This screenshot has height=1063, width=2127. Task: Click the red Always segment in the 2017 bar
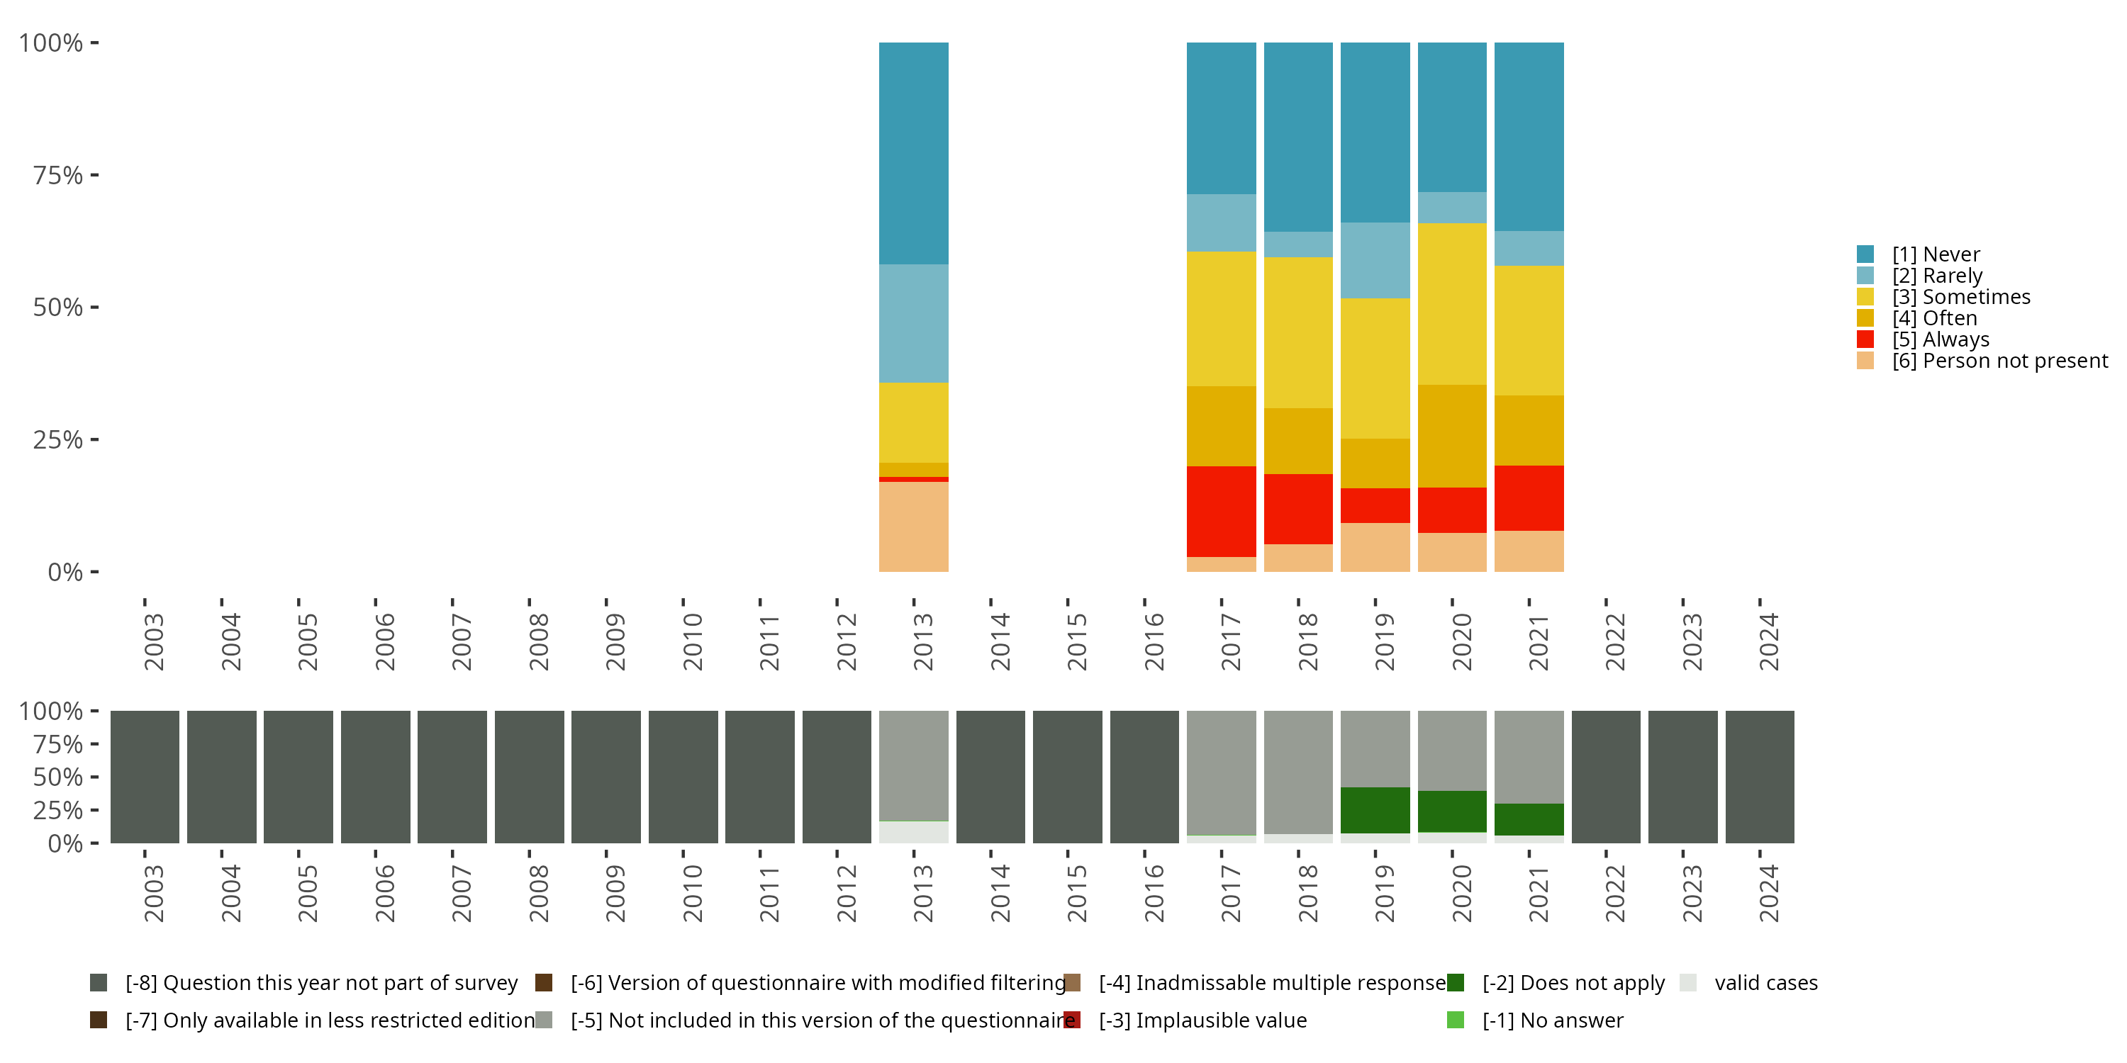pyautogui.click(x=1221, y=511)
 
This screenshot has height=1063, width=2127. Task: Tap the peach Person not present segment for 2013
pyautogui.click(x=913, y=527)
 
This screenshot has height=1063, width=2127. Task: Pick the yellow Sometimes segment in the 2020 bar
pyautogui.click(x=1451, y=304)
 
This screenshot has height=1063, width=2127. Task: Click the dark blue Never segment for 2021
pyautogui.click(x=1529, y=136)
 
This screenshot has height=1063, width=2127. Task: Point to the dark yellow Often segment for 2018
pyautogui.click(x=1298, y=441)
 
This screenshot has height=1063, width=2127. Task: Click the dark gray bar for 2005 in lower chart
pyautogui.click(x=298, y=777)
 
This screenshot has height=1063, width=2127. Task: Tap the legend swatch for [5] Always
pyautogui.click(x=1865, y=339)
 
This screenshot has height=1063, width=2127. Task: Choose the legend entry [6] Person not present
pyautogui.click(x=1999, y=361)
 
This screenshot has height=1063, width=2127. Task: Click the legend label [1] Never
pyautogui.click(x=1936, y=254)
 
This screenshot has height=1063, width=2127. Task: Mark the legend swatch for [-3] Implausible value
pyautogui.click(x=1072, y=1020)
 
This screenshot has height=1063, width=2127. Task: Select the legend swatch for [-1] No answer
pyautogui.click(x=1456, y=1020)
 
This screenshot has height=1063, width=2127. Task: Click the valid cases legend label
pyautogui.click(x=1765, y=983)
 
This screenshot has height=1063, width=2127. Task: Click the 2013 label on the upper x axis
pyautogui.click(x=922, y=641)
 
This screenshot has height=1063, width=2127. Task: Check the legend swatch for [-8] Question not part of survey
pyautogui.click(x=99, y=983)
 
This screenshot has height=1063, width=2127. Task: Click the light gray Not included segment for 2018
pyautogui.click(x=1298, y=772)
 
